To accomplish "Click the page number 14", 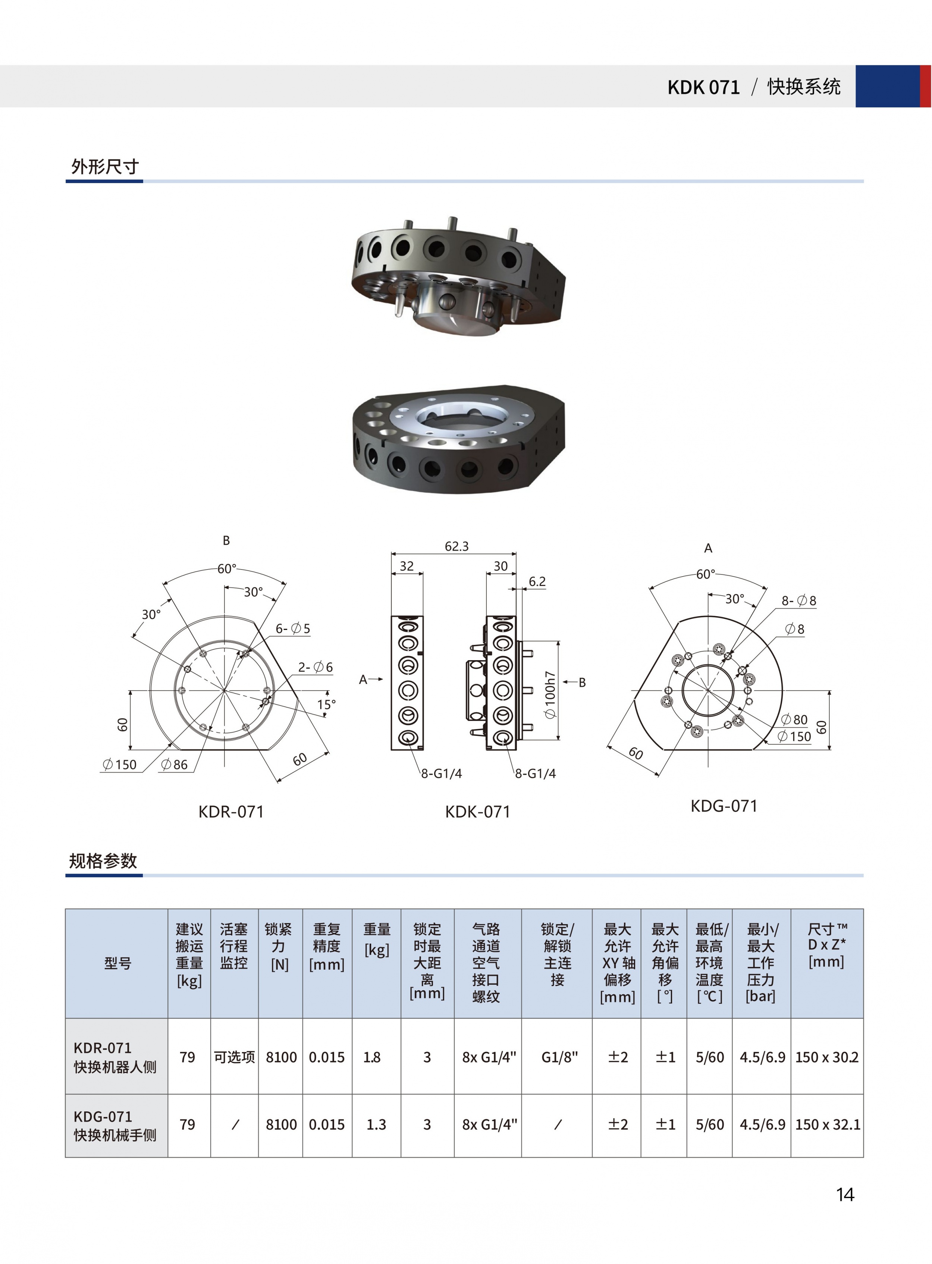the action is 845,1194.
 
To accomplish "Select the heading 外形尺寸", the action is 105,166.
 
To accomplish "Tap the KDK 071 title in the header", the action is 703,87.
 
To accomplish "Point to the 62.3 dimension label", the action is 456,546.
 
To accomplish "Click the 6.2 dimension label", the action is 537,581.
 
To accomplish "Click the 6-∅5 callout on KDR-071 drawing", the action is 293,628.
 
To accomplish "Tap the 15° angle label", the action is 326,705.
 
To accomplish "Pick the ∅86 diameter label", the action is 174,764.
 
